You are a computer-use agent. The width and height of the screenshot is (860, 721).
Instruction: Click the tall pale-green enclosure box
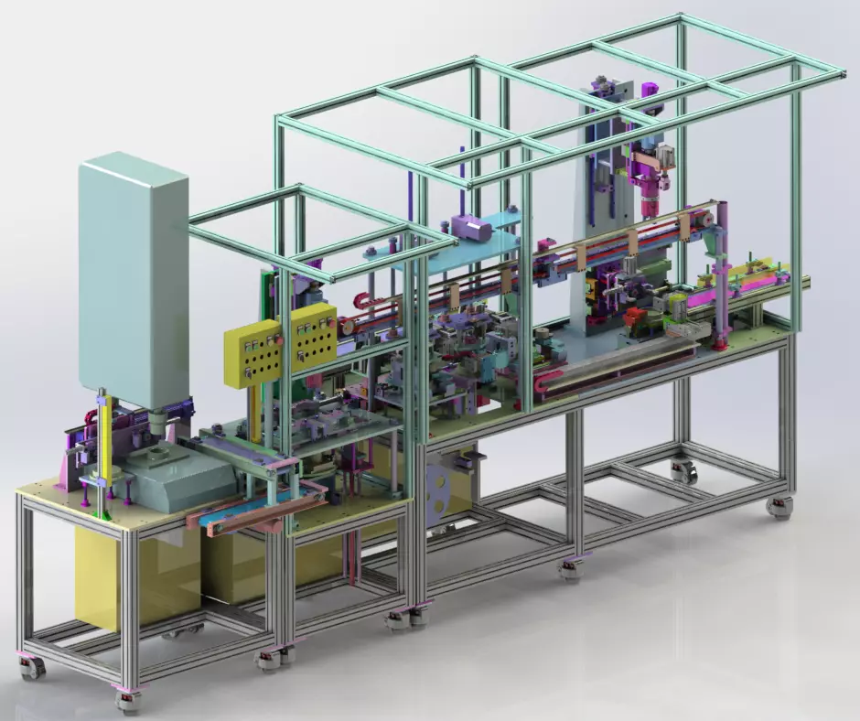[134, 279]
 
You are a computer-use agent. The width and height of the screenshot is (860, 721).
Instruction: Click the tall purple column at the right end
[722, 274]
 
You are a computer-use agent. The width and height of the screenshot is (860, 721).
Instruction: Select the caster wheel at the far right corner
[779, 508]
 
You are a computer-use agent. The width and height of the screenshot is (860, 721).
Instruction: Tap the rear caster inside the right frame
[684, 472]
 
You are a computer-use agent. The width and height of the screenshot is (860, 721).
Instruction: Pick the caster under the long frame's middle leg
[570, 569]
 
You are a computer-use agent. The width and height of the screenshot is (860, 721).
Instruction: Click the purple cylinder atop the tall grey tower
[650, 89]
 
